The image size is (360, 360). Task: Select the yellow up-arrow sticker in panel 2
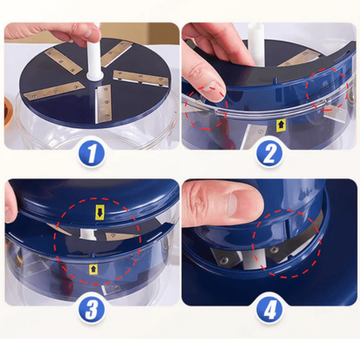point(280,125)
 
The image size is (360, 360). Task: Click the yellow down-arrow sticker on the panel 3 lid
point(100,213)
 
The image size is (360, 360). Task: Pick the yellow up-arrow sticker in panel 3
point(93,269)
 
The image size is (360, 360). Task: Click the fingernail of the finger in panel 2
point(213,89)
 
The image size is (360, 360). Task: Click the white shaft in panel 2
point(256,44)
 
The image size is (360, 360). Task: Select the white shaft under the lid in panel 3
point(87,234)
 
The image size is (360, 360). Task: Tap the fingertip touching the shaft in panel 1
point(92,32)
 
